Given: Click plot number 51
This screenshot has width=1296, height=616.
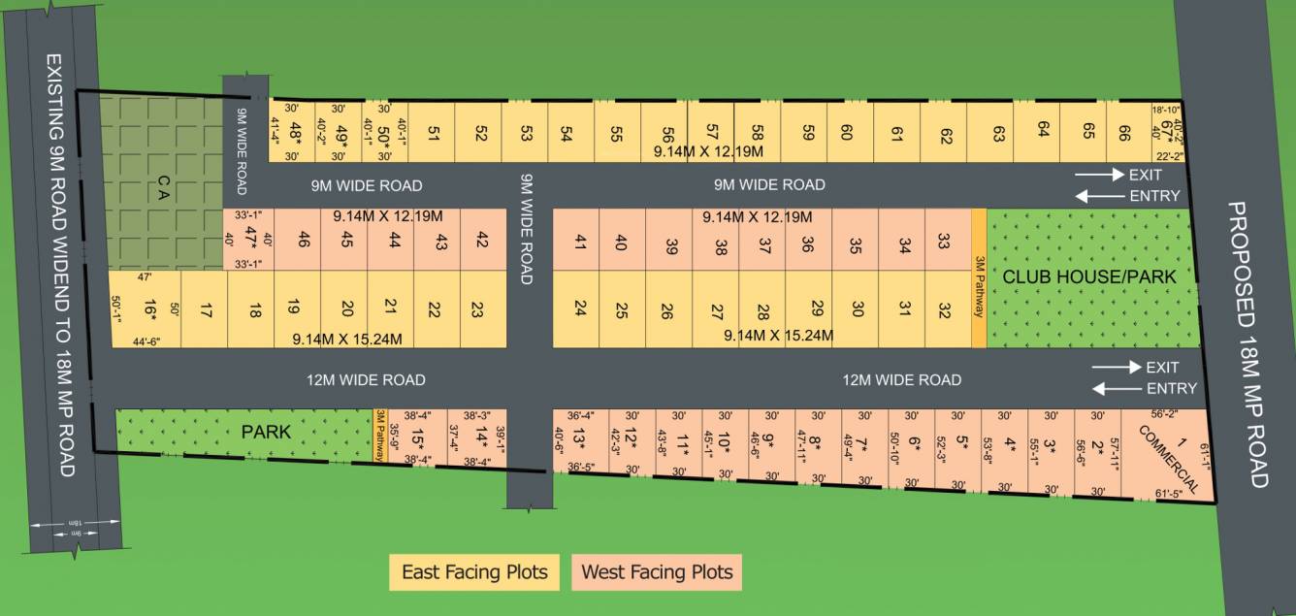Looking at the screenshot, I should coord(433,134).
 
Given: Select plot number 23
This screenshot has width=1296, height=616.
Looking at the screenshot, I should coord(476,309).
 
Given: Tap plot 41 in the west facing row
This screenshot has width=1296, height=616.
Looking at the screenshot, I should coord(580,243).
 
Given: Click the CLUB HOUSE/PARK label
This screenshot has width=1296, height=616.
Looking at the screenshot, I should coord(1089,277).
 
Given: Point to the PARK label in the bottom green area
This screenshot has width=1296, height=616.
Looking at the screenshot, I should coord(266,432).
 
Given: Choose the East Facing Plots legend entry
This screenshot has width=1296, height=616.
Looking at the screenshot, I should coord(474,572).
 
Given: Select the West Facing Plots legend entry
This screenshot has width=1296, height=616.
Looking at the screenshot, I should coord(657,572).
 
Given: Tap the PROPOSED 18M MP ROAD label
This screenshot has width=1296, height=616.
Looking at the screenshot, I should coord(1247,344).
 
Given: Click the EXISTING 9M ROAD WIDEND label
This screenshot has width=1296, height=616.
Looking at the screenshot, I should coord(60,266).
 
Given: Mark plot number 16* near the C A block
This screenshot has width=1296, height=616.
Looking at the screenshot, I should coord(149,310).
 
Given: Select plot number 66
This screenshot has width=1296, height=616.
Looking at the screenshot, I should coord(1124,134).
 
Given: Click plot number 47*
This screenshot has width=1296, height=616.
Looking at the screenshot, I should coord(249,238).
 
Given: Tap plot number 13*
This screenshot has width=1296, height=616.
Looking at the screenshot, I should coord(579,439).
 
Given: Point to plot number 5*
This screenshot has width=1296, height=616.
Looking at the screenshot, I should coord(962,444).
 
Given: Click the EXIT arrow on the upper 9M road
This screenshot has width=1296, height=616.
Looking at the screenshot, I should coord(1100,175).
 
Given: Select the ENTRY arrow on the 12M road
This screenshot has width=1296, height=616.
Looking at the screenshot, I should coord(1115,389).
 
